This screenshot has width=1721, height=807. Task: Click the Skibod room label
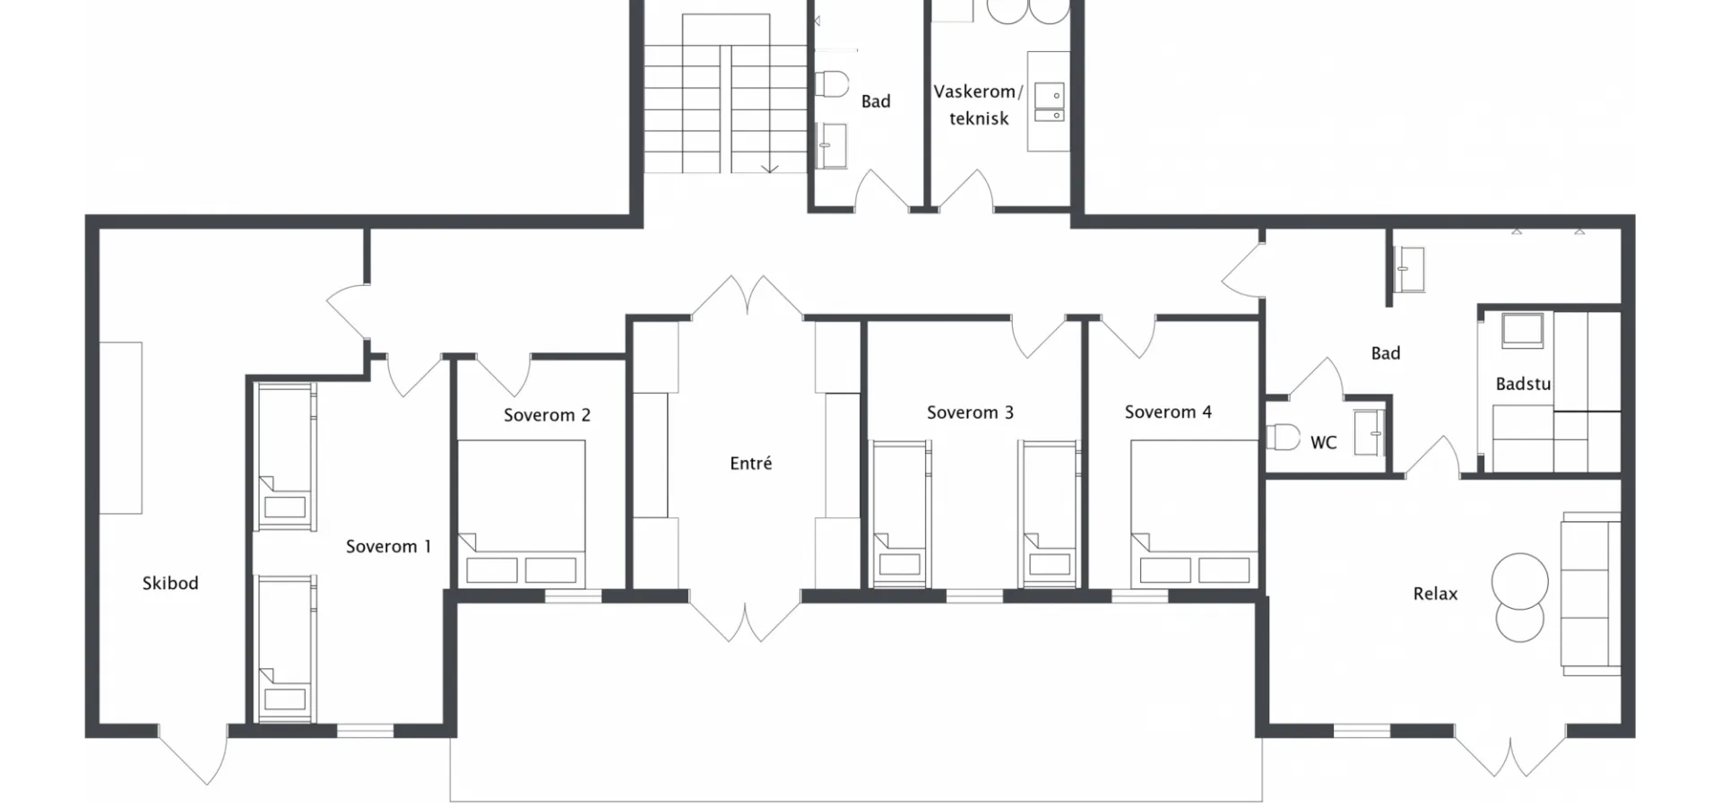point(170,583)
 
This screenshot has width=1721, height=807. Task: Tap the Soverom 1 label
point(388,546)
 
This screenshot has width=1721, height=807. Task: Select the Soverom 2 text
point(547,415)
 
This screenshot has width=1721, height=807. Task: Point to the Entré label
point(751,463)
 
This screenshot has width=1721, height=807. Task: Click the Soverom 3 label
point(970,412)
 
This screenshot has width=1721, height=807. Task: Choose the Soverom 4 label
point(1168,412)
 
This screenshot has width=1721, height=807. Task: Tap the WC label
point(1323,442)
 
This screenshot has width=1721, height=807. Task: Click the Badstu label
point(1523,384)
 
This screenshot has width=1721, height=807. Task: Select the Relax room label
point(1435,594)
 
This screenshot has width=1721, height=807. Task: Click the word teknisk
point(979,118)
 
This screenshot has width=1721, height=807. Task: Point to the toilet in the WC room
point(1283,437)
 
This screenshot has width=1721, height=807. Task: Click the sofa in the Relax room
point(1591,594)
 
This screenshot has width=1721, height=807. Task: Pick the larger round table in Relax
point(1520,582)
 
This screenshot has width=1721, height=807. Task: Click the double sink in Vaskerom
point(1049,102)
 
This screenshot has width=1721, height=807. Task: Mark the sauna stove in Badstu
point(1522,331)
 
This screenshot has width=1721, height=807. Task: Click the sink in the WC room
point(1369,433)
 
